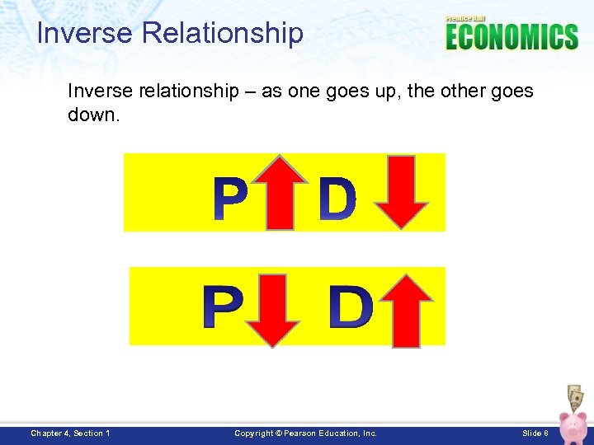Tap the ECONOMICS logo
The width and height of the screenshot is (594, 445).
pos(511,37)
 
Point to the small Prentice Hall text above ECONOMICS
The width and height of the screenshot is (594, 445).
pos(466,18)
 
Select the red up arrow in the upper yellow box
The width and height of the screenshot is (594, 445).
pos(280,193)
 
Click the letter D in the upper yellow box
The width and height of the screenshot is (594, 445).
pos(337,201)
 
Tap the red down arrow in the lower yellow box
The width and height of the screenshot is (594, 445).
pos(277,309)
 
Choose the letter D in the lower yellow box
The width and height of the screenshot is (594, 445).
pos(350,307)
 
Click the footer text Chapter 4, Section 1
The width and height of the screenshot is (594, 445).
pos(71,433)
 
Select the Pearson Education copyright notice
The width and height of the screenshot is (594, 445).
pos(305,433)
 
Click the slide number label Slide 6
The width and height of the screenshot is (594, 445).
pos(535,433)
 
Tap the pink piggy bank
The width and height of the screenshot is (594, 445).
pos(573,425)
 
